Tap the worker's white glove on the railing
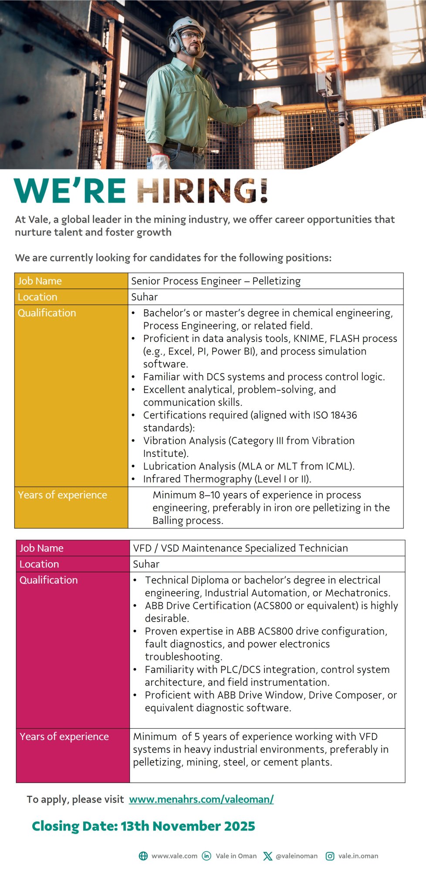point(268,107)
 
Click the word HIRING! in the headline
point(202,191)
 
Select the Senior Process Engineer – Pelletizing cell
point(216,281)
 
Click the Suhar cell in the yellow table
point(145,297)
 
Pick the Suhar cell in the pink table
point(146,564)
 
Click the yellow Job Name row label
point(40,281)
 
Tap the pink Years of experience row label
point(64,737)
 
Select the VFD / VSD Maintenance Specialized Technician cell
point(240,548)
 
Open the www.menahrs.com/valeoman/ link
point(201,799)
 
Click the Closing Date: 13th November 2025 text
point(143,826)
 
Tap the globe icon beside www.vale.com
point(143,856)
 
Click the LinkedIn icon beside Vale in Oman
point(207,856)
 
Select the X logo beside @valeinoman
point(267,856)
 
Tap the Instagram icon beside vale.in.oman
point(330,856)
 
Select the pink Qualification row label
point(49,580)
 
